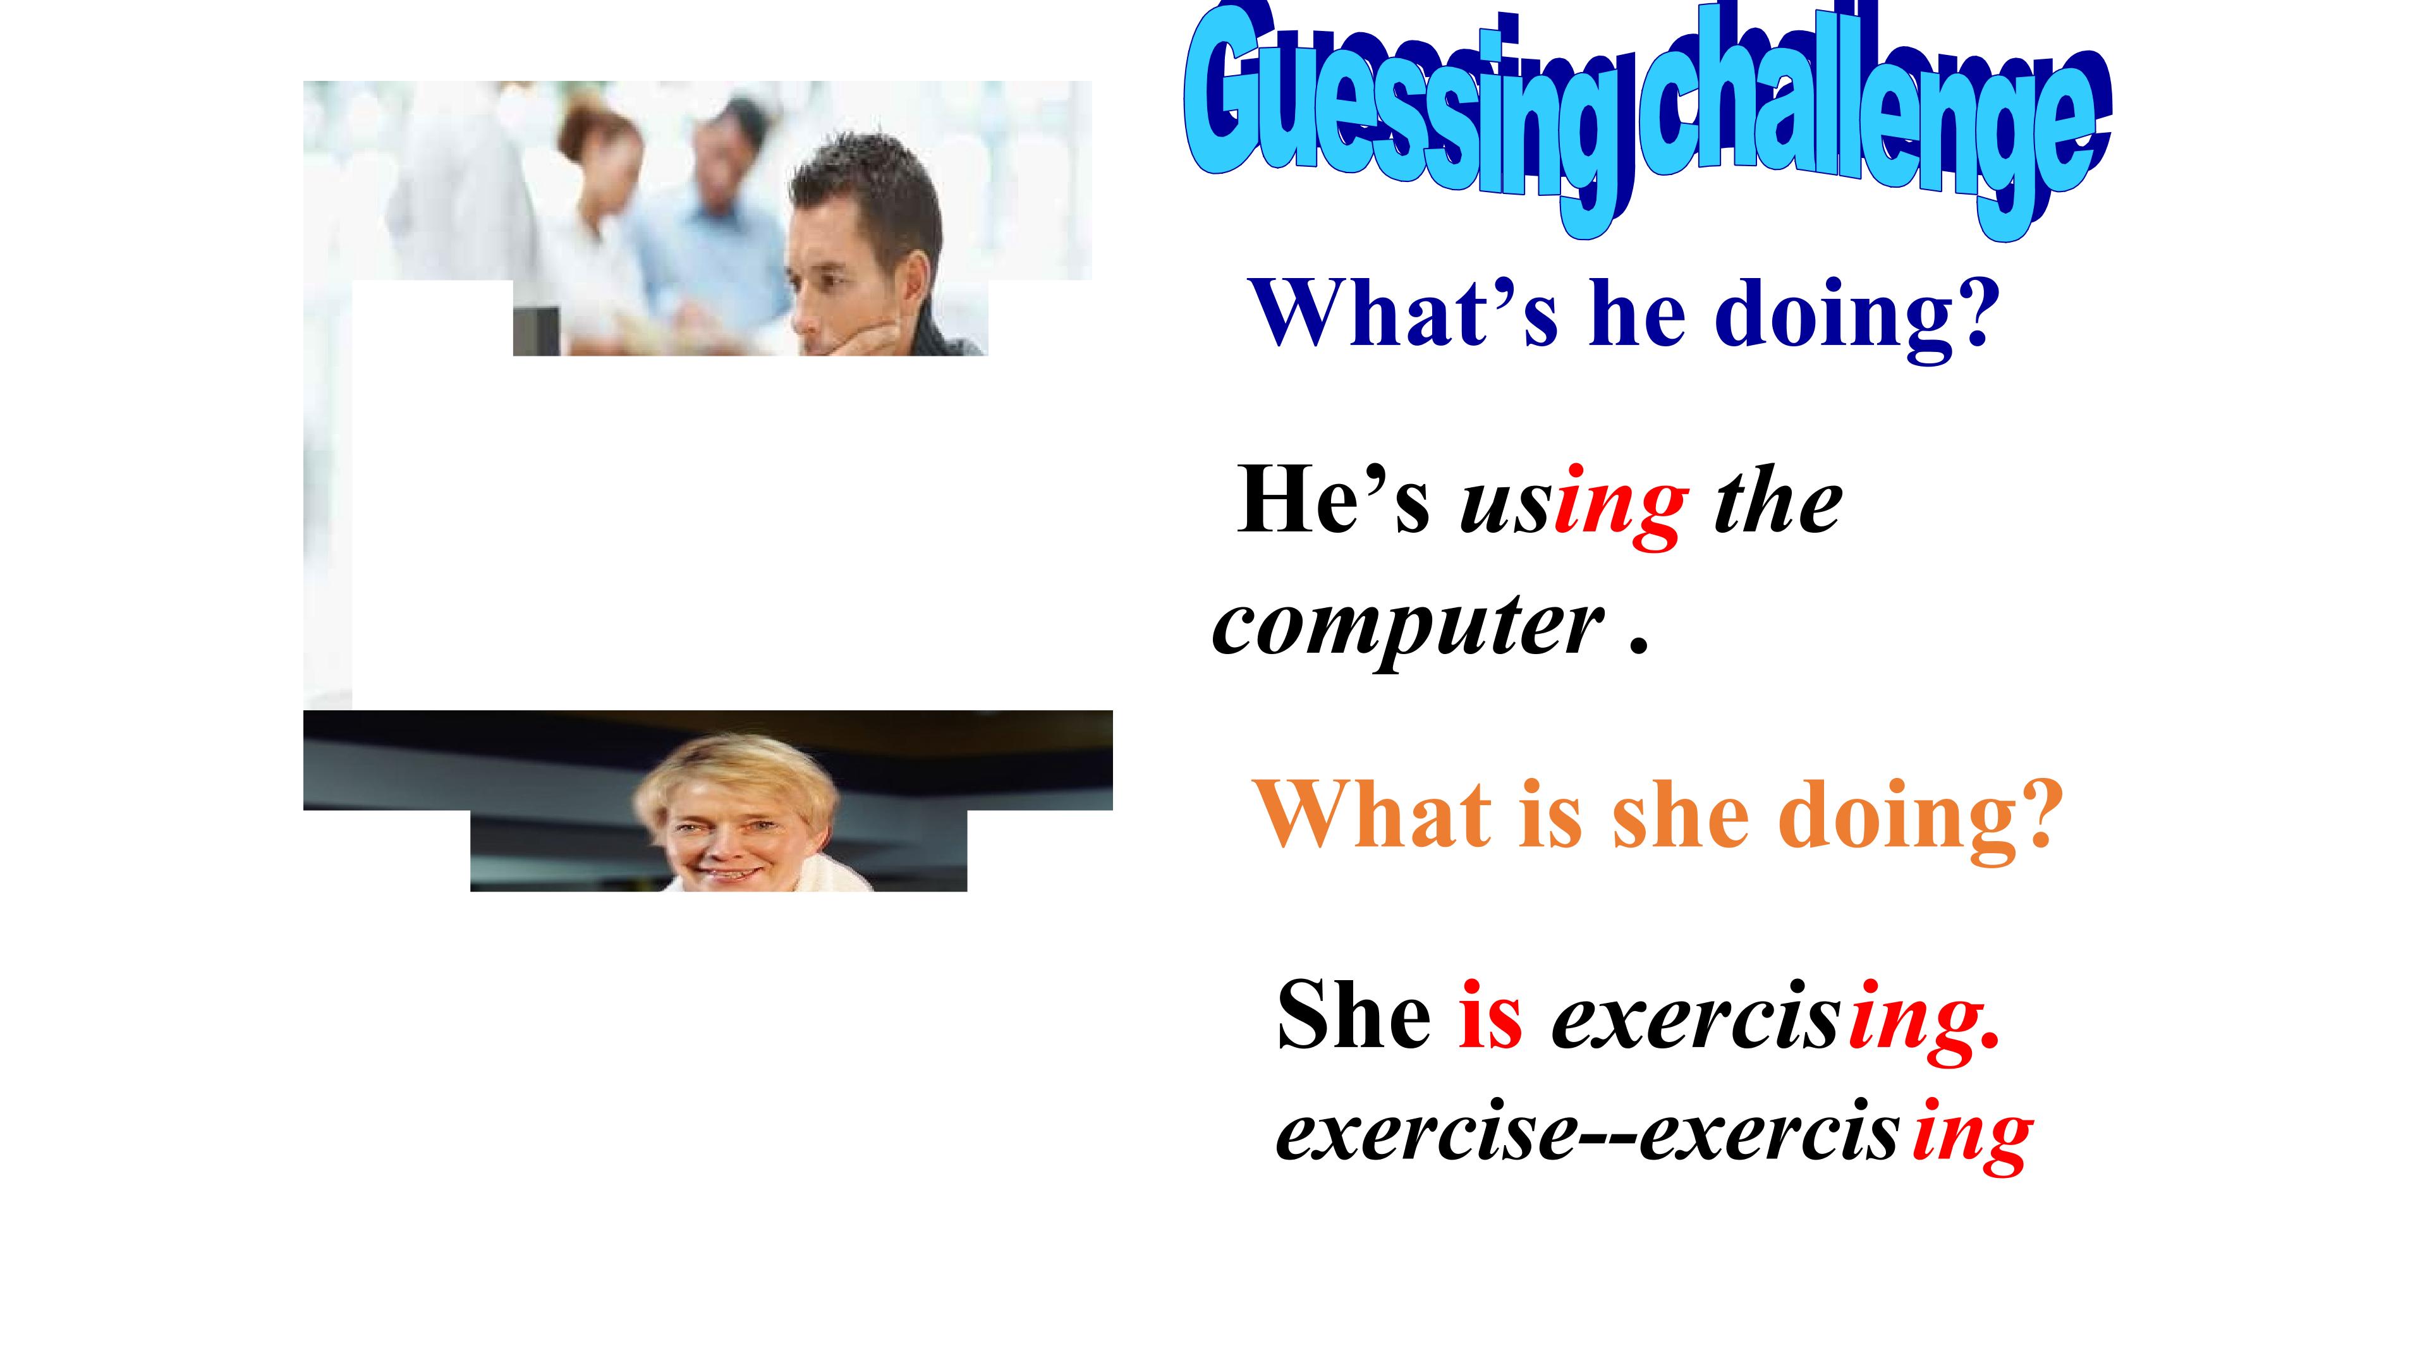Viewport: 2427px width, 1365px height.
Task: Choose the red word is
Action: [x=1490, y=1016]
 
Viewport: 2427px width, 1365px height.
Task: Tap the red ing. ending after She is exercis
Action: [x=1922, y=1022]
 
